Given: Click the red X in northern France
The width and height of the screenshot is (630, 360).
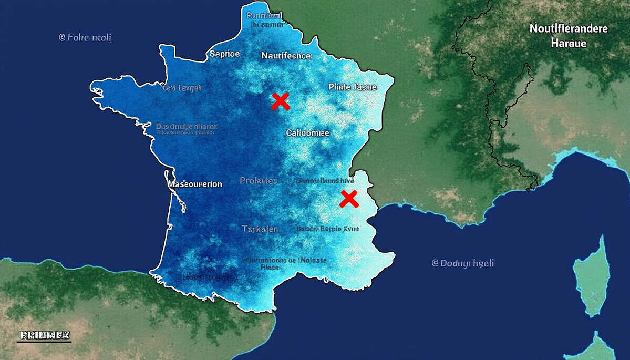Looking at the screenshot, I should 281,101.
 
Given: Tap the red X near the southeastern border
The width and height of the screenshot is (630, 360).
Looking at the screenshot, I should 349,199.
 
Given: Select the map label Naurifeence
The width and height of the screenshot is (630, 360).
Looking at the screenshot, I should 286,55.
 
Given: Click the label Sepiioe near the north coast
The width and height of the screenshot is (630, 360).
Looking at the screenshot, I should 224,53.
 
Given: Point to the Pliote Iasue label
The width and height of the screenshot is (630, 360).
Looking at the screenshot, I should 352,87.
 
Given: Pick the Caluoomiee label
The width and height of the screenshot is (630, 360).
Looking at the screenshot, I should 307,133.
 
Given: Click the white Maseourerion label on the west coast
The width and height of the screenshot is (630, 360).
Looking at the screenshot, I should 194,184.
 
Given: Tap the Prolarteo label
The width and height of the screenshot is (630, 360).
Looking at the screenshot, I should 258,181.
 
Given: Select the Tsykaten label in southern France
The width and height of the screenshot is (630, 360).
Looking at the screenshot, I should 260,229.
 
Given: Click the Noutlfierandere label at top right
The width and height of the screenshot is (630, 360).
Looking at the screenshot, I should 568,28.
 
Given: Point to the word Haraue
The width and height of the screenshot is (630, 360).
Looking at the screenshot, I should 568,43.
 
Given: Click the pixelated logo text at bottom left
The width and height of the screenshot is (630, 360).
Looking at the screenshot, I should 44,335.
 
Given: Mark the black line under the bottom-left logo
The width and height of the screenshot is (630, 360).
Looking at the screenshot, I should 44,342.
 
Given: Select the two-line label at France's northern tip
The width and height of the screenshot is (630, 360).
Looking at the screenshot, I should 265,19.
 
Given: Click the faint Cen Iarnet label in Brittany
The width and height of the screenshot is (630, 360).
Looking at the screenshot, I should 181,88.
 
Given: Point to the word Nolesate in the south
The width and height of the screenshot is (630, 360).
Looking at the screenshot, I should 312,260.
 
